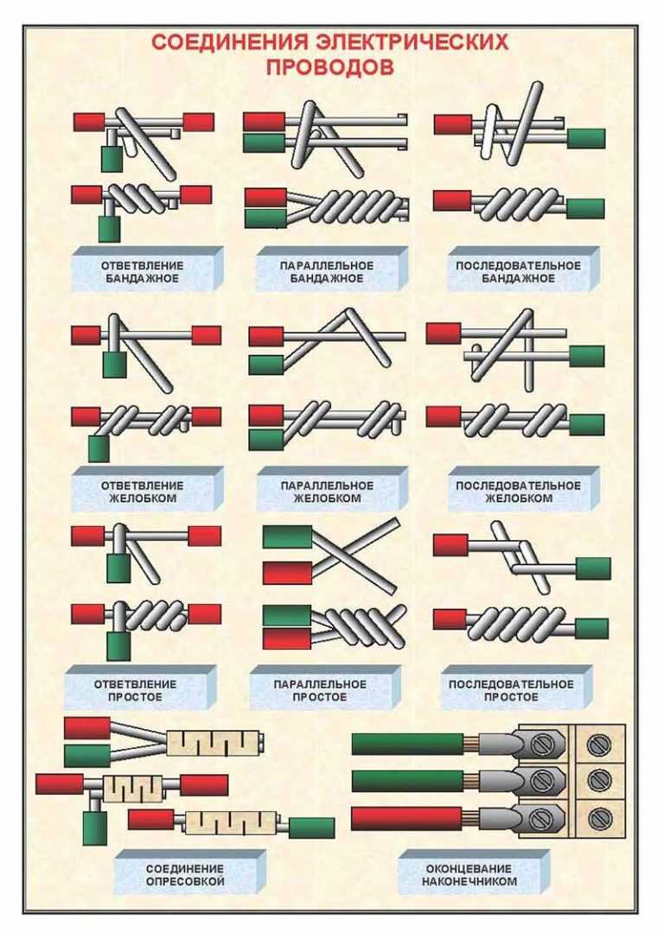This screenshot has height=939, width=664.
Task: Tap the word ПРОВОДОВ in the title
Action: [330, 67]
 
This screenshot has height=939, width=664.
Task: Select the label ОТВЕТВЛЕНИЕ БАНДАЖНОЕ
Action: [142, 272]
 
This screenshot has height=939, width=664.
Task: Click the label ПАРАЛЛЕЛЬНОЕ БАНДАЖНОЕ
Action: [327, 272]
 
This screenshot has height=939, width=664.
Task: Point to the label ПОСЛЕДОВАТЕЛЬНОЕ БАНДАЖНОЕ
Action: [519, 272]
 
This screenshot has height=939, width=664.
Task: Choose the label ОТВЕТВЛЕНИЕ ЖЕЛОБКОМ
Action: [142, 492]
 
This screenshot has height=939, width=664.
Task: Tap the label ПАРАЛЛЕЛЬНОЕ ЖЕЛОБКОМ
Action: [327, 492]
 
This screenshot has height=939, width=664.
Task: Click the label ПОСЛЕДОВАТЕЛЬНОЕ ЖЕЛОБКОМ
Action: [519, 492]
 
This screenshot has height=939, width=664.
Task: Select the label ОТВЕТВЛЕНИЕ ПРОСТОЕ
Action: [135, 690]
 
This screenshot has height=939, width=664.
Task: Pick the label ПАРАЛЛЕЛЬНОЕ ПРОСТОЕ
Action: [319, 690]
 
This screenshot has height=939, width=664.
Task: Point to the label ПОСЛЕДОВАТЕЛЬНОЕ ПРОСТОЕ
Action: [511, 690]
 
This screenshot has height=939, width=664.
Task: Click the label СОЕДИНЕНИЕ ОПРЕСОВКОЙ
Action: [185, 875]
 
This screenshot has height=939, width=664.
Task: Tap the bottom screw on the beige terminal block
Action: [600, 817]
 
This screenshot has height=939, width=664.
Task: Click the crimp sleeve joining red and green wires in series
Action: [231, 822]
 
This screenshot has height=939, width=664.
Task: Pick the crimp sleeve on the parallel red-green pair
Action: [214, 743]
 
